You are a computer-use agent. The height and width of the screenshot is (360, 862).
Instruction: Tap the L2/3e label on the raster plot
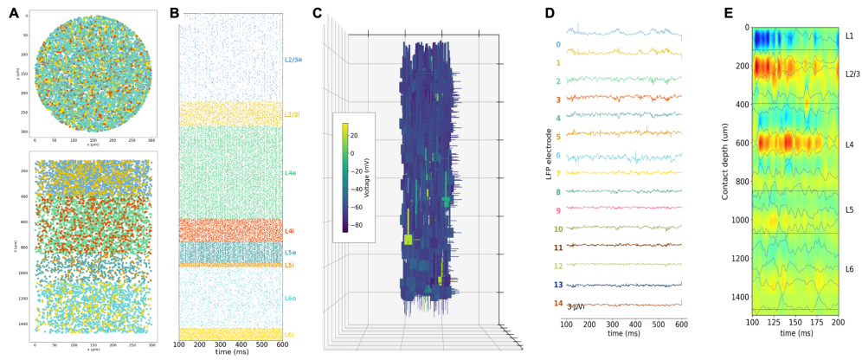click(x=293, y=61)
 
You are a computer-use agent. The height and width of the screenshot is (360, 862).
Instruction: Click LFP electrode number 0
click(x=557, y=43)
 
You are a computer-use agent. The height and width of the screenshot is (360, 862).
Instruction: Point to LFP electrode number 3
click(x=557, y=100)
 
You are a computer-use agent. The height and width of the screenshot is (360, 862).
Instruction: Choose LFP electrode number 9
click(x=557, y=210)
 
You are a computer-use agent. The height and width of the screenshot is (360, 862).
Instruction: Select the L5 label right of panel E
click(x=849, y=210)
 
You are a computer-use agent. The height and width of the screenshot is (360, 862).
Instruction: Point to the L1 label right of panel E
click(x=849, y=36)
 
